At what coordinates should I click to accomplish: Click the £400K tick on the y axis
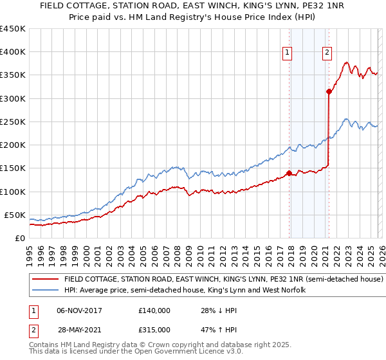[13, 52]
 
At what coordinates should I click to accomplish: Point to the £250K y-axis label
[13, 122]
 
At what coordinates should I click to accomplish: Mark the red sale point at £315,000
[329, 92]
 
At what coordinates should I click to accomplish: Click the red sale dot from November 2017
[289, 173]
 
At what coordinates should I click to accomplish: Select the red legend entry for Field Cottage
[224, 280]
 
